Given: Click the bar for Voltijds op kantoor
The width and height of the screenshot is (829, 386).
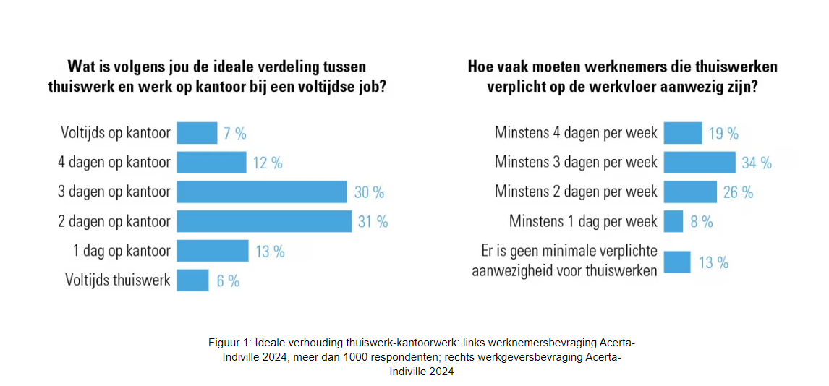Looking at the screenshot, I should [x=197, y=133].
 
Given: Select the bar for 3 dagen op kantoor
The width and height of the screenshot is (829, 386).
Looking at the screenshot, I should [x=262, y=192].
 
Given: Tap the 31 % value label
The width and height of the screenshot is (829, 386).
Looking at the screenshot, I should [x=373, y=221].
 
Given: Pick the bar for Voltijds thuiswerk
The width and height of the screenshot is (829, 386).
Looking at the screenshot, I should [x=192, y=280].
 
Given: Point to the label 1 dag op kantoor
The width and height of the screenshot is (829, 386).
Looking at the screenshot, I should [x=122, y=251].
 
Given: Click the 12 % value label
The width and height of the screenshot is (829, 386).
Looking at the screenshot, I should [x=268, y=163].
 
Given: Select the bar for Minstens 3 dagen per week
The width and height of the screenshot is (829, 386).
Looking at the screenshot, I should [x=700, y=163].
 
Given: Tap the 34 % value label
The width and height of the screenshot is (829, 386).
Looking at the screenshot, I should [x=757, y=163].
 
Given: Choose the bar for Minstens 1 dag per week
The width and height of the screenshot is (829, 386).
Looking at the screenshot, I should [x=673, y=221].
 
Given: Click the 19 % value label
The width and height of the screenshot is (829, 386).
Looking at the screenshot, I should [x=723, y=133].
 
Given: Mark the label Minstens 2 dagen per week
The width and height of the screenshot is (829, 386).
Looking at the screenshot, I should [x=576, y=192].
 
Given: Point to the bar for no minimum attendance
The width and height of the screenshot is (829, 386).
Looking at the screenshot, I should [x=677, y=262].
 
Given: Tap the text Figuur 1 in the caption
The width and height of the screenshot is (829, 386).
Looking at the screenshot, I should [x=229, y=342].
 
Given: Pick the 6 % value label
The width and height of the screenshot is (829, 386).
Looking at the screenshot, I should [x=228, y=280].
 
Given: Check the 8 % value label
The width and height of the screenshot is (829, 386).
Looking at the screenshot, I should [x=702, y=222].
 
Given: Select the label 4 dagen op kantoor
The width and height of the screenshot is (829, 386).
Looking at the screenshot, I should [x=114, y=163].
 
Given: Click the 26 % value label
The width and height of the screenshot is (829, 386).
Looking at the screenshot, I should [x=738, y=192].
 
